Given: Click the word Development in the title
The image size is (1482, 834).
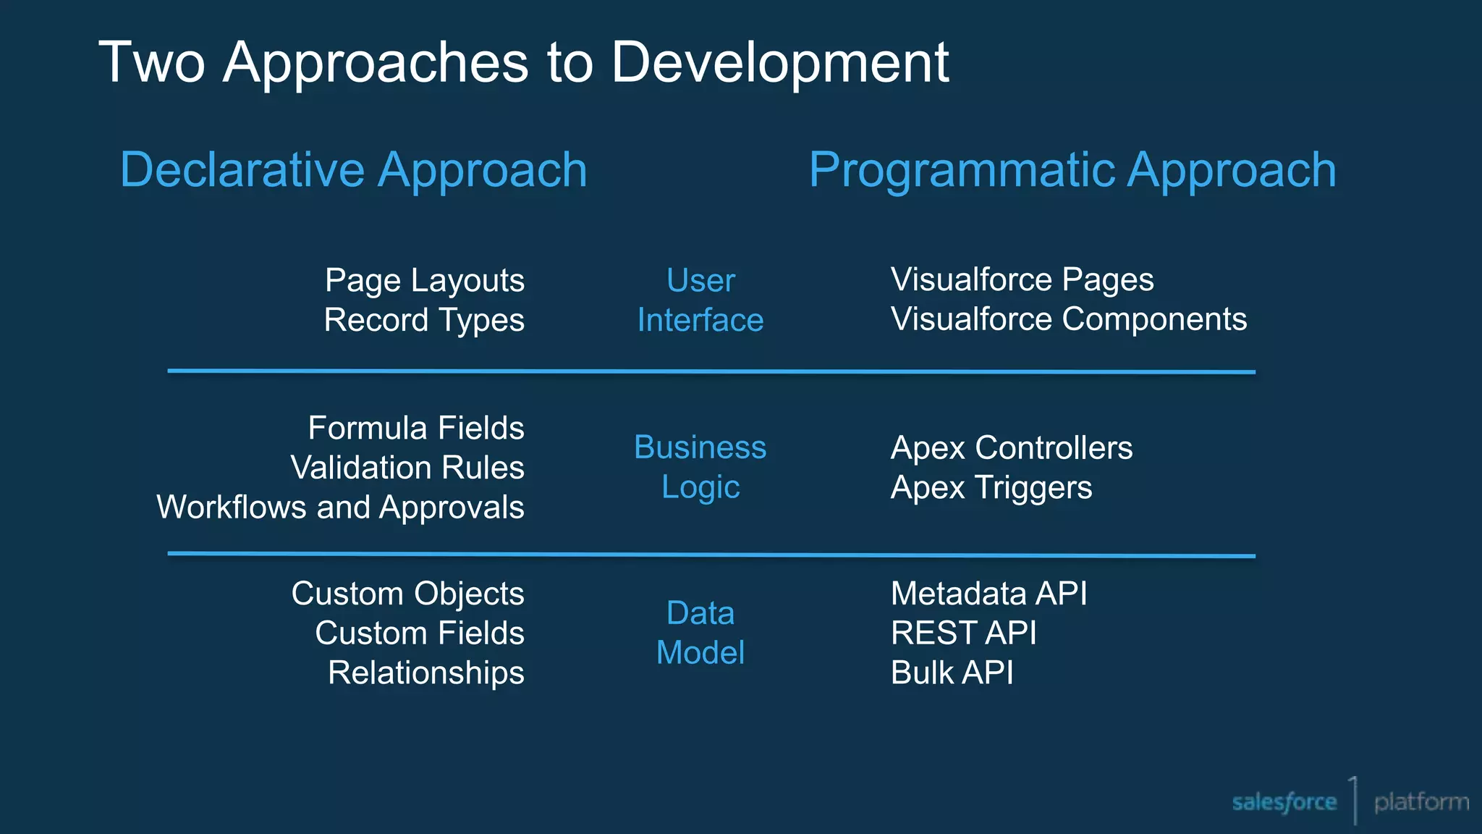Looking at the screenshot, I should (x=779, y=63).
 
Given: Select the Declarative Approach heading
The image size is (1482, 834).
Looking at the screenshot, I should (x=353, y=170).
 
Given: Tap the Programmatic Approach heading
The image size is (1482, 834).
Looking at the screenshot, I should (x=1072, y=170).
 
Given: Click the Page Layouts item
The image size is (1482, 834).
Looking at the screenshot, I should (x=424, y=280).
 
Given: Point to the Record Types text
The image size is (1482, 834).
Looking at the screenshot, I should (x=424, y=320).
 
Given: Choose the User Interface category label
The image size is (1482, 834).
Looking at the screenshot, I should (x=700, y=300).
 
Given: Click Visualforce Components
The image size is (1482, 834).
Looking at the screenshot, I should (x=1068, y=319).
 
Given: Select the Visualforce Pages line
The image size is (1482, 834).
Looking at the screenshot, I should (x=1021, y=279).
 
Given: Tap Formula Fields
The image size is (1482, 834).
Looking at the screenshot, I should (x=415, y=428).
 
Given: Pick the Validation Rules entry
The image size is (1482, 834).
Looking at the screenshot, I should (x=407, y=468).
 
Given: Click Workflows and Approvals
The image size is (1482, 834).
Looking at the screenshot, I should (x=340, y=507).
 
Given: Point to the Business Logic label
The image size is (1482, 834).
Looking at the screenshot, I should (x=700, y=467).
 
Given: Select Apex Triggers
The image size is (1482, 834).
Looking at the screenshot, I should (x=991, y=487).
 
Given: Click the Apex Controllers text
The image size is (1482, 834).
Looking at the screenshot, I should (x=1011, y=447).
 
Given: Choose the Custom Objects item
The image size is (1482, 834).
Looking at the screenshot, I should (x=407, y=594).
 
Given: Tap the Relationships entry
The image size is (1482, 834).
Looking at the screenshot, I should (x=425, y=673).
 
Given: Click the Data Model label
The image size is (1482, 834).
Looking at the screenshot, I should (x=700, y=633).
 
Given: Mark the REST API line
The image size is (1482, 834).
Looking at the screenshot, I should (x=963, y=633).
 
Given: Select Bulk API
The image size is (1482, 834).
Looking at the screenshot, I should (x=952, y=673).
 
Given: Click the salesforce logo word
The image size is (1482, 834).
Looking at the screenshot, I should (x=1284, y=802).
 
